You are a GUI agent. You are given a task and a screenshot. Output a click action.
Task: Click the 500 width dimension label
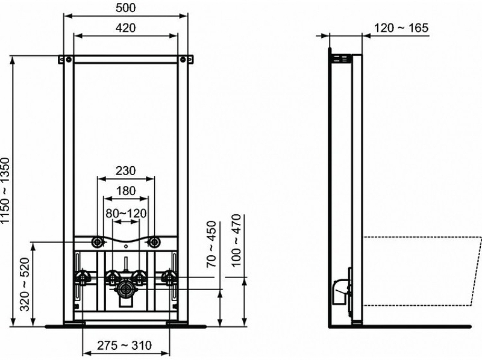tap(125, 7)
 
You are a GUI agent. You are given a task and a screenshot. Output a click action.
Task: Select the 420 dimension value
tap(125, 28)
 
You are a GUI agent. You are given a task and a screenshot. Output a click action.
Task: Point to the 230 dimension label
tap(125, 170)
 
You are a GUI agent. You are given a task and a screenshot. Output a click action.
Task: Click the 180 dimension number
tap(125, 191)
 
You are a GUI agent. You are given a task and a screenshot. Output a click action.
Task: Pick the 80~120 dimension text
tap(125, 213)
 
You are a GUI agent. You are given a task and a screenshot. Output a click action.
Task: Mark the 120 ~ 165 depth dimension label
tap(401, 28)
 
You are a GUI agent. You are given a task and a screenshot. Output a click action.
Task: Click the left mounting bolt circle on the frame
tap(97, 242)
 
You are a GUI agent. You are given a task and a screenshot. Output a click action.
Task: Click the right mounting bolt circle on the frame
tap(154, 242)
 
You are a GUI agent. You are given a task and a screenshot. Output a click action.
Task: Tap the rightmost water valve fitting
tap(169, 278)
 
